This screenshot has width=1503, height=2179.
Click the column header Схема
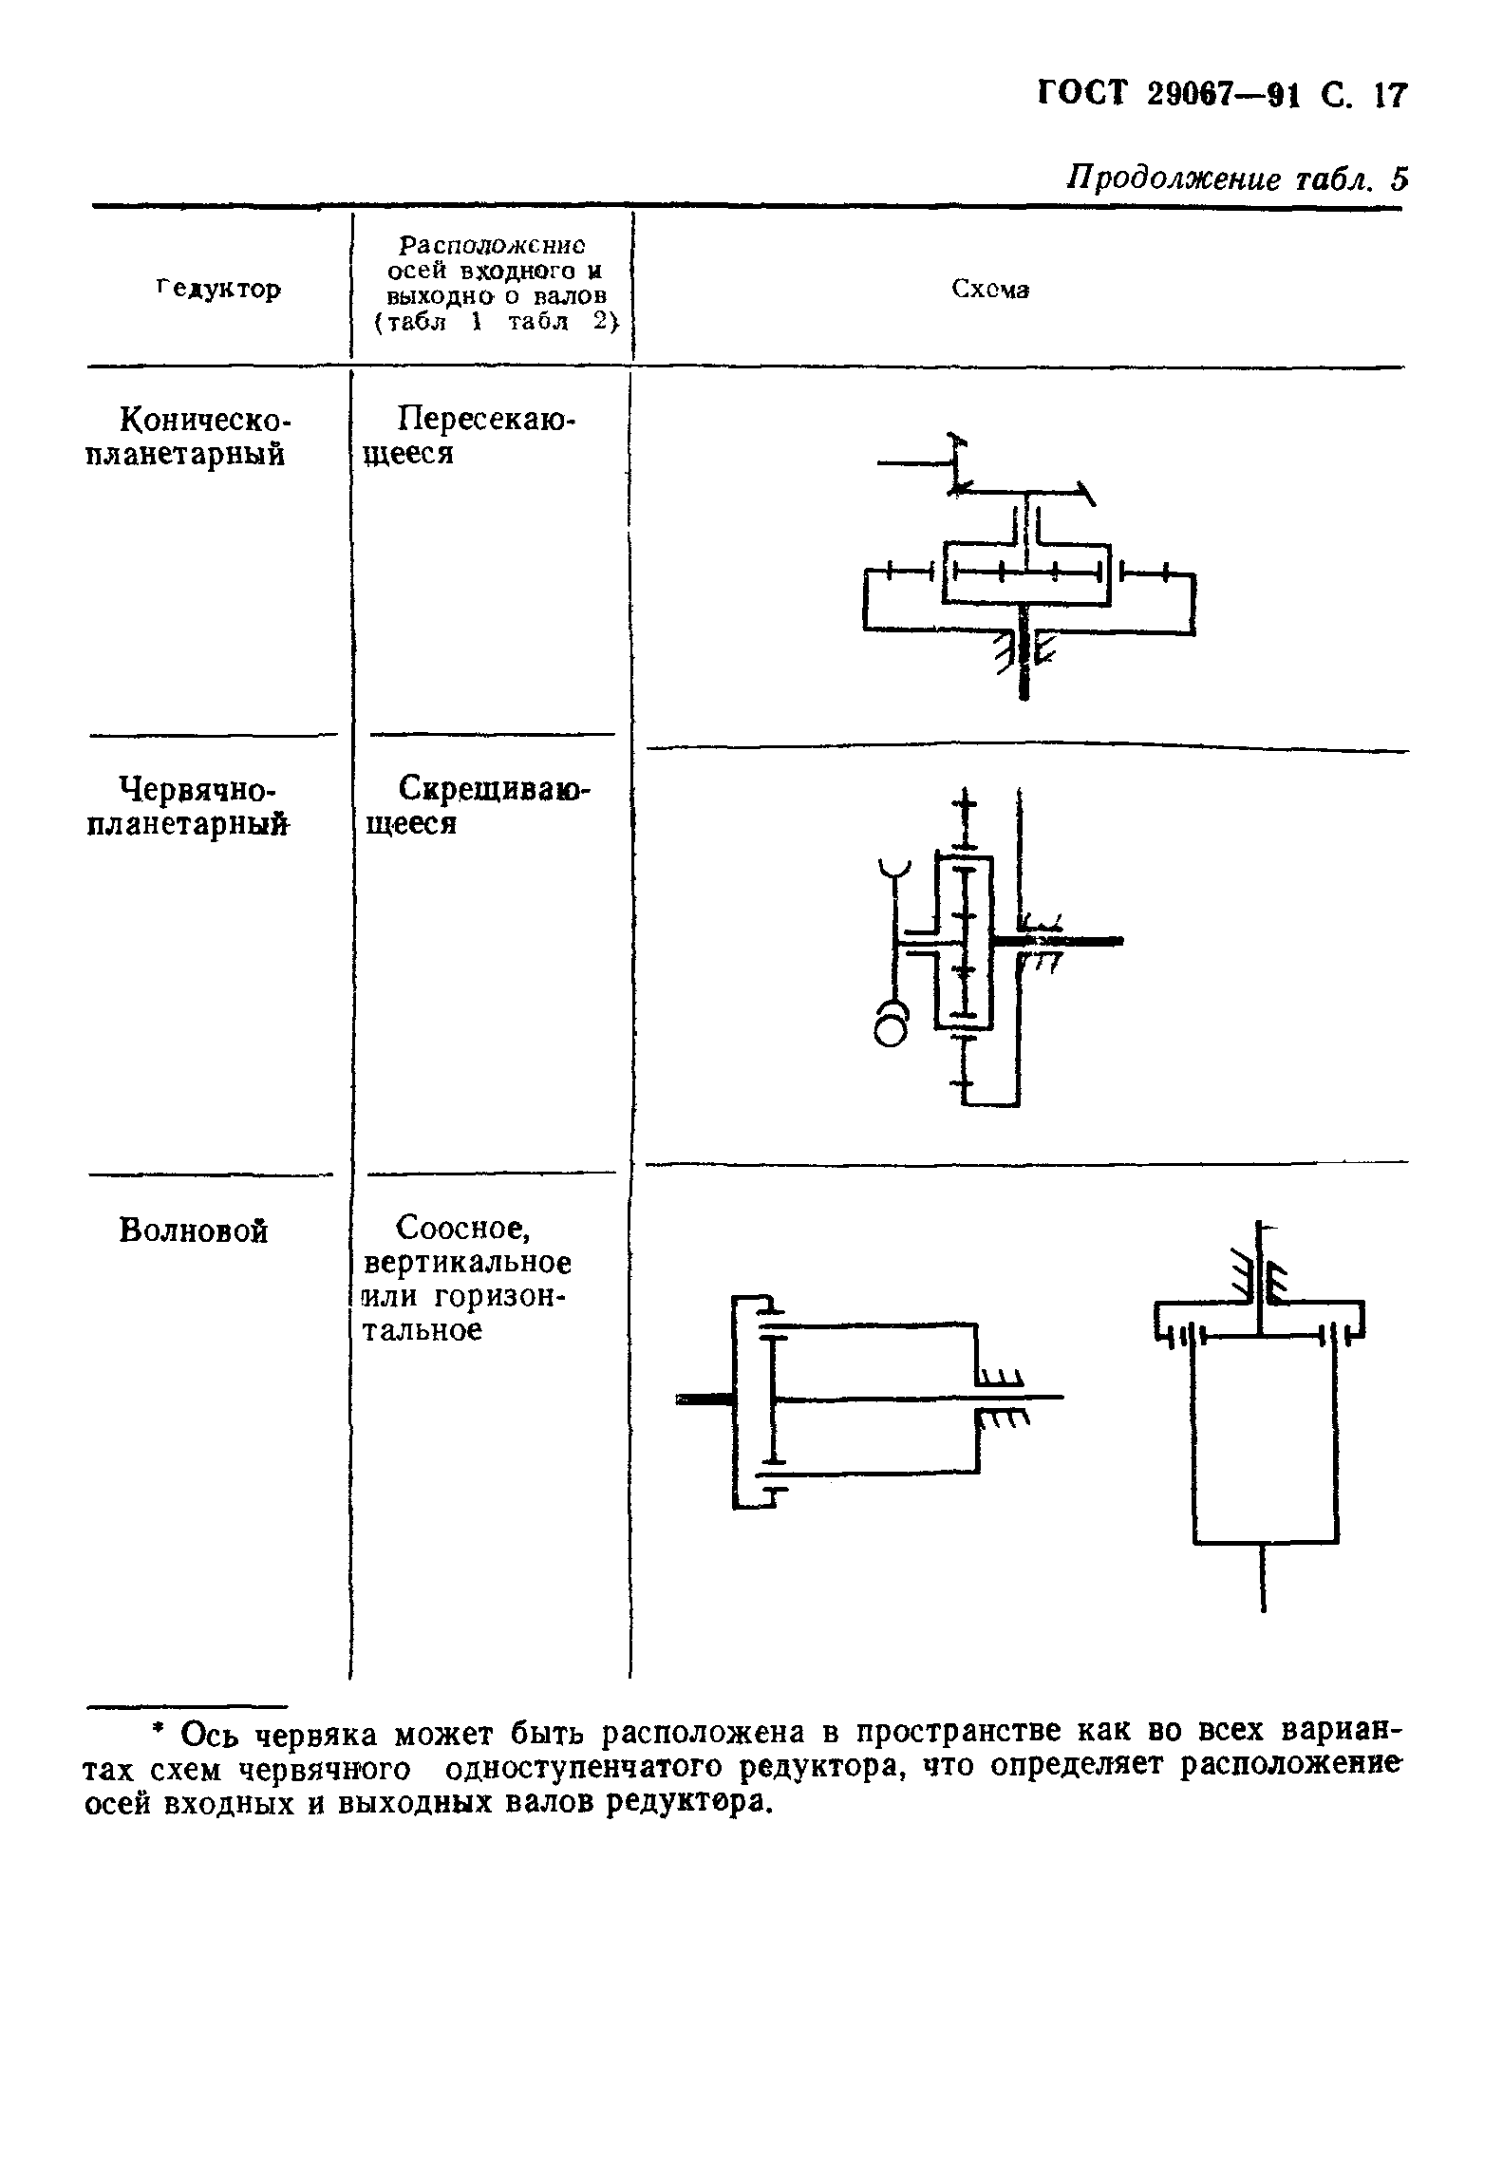[x=990, y=290]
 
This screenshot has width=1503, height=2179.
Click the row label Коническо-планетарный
[x=189, y=436]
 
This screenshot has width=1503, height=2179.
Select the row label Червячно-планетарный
[x=187, y=806]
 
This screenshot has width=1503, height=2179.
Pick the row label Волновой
[x=194, y=1230]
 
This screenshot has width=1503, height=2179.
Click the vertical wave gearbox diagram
[x=1261, y=1415]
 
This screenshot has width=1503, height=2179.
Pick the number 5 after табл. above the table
[x=1396, y=179]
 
